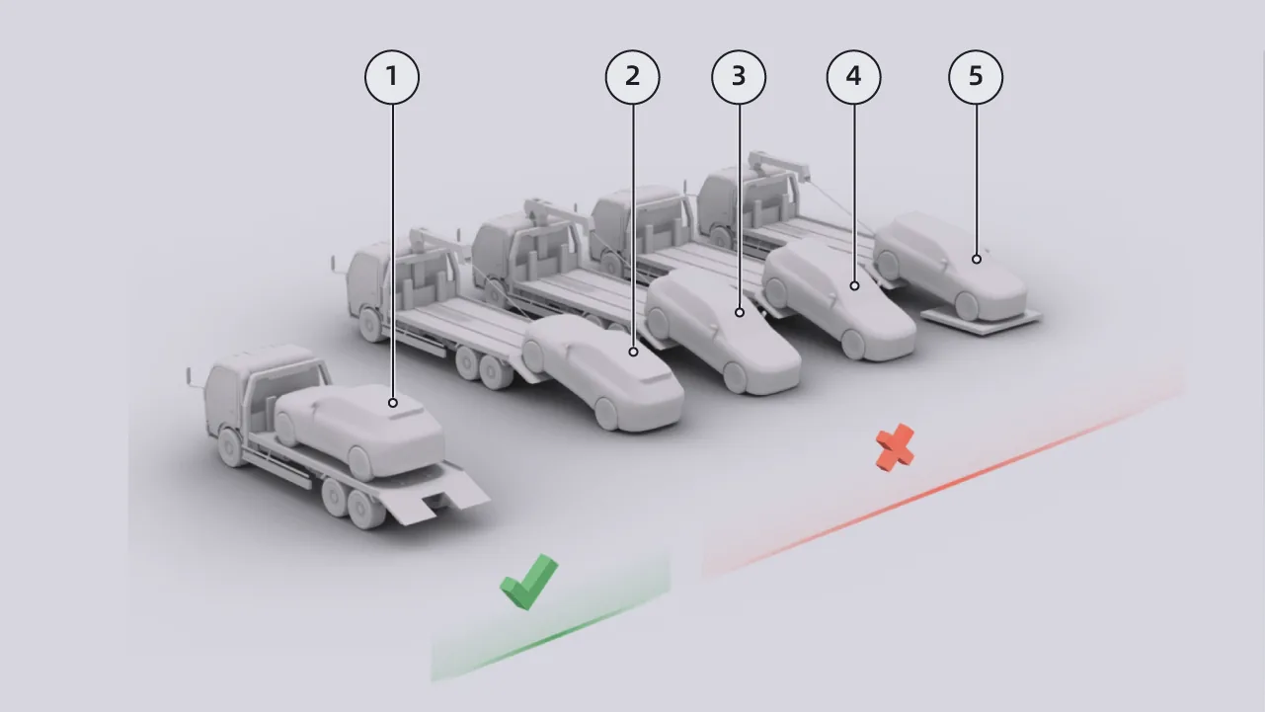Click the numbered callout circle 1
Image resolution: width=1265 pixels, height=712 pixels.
[392, 77]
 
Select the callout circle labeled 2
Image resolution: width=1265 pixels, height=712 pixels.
[632, 77]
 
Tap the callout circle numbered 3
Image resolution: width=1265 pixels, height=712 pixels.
[739, 77]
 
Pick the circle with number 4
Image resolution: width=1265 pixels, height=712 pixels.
[854, 77]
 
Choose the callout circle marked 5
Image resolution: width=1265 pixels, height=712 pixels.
[976, 77]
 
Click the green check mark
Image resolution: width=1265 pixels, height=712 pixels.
[529, 582]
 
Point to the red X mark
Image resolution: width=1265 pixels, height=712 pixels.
[895, 447]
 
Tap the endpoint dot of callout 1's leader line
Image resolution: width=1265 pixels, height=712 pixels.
[392, 403]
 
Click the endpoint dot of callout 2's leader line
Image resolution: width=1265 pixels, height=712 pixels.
[633, 352]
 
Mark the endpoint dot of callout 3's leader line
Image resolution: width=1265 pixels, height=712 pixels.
[740, 312]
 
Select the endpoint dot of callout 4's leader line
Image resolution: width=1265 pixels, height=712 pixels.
[854, 286]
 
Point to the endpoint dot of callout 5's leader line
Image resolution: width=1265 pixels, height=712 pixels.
[977, 259]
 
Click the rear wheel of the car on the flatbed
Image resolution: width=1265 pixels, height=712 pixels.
[360, 463]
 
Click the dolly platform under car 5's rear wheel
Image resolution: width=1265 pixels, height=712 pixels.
[982, 322]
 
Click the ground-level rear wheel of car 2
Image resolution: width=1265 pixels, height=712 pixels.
[607, 414]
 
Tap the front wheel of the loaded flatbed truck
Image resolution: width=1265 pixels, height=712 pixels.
[230, 447]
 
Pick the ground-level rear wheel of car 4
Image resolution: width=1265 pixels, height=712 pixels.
[853, 344]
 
